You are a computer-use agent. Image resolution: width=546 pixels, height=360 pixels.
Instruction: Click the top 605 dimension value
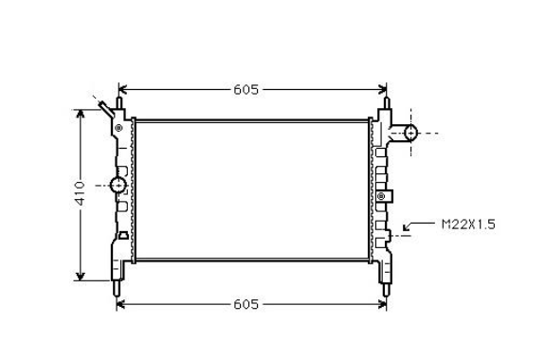(246, 90)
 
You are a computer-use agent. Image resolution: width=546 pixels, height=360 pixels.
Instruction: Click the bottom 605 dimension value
(246, 304)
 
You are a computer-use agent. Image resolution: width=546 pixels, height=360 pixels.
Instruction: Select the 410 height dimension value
(80, 193)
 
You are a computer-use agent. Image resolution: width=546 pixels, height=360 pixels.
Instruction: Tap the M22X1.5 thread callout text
(468, 225)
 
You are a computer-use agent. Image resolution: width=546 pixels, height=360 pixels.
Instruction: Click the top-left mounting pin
(118, 103)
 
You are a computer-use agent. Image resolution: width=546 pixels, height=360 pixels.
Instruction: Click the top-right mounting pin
(387, 103)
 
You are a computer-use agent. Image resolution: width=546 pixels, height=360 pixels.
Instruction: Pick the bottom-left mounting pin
(117, 288)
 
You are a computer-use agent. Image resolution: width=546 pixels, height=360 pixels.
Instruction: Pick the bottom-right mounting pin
(386, 289)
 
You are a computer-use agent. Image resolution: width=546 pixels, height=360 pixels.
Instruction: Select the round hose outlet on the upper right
(410, 133)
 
